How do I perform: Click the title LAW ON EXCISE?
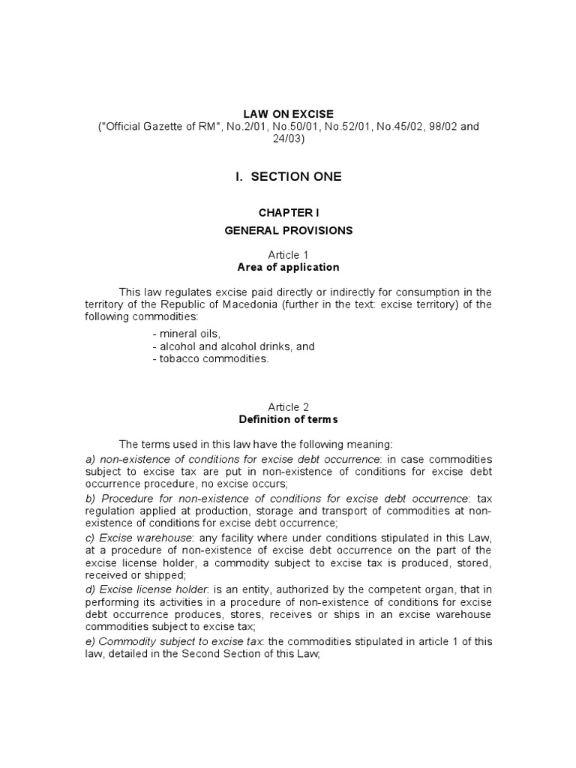[x=288, y=114]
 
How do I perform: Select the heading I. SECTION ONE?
[x=288, y=176]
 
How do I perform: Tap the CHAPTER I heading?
[x=288, y=213]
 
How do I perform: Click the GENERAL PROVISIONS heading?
[x=288, y=230]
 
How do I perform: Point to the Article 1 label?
[x=288, y=255]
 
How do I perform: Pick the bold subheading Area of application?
[x=288, y=268]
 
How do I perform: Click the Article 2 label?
[x=288, y=407]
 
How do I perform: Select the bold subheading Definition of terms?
[x=288, y=420]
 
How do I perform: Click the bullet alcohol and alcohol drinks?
[x=232, y=346]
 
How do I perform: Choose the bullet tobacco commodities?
[x=209, y=358]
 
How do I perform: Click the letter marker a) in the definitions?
[x=90, y=458]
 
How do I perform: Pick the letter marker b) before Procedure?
[x=90, y=498]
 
